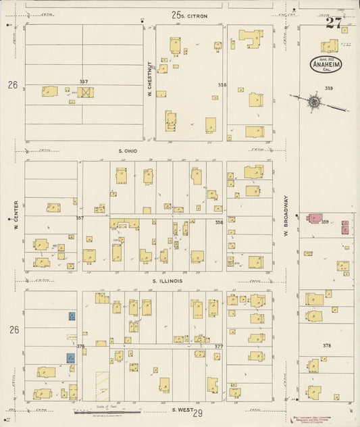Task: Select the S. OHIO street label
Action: pos(128,150)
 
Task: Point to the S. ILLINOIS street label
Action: pos(167,280)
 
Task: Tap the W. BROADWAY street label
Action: pos(286,216)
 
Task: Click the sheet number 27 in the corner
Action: pos(333,23)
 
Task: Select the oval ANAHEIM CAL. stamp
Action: pos(326,64)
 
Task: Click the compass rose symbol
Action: pos(315,102)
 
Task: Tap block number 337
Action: pos(83,82)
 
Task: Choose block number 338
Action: pos(222,85)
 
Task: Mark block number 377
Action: pos(219,346)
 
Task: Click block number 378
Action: pos(327,345)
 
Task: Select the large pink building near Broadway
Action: pos(314,219)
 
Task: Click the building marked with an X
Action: pos(85,91)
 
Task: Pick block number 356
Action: pos(219,222)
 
